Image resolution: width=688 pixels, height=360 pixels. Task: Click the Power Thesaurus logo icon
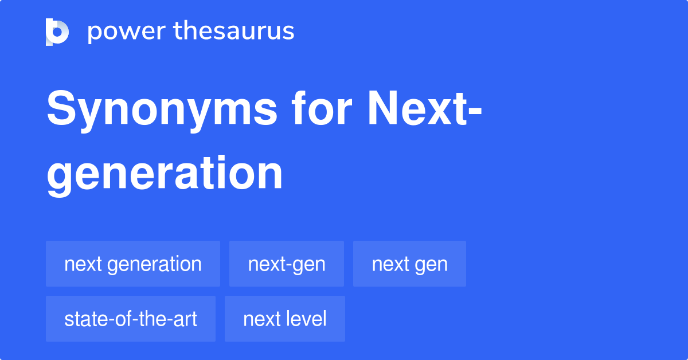pyautogui.click(x=57, y=32)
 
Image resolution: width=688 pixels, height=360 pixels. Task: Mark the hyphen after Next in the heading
pyautogui.click(x=474, y=112)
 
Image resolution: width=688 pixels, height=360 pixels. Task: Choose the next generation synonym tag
pyautogui.click(x=133, y=264)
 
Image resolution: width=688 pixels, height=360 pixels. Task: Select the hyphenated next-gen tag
pyautogui.click(x=287, y=264)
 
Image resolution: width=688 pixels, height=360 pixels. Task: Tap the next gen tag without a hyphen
pyautogui.click(x=409, y=264)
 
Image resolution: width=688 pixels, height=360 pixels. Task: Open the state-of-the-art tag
pyautogui.click(x=131, y=319)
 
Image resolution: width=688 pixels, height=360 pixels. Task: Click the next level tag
pyautogui.click(x=285, y=319)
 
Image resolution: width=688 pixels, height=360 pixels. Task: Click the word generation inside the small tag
pyautogui.click(x=154, y=264)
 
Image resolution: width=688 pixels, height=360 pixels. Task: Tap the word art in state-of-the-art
pyautogui.click(x=187, y=319)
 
